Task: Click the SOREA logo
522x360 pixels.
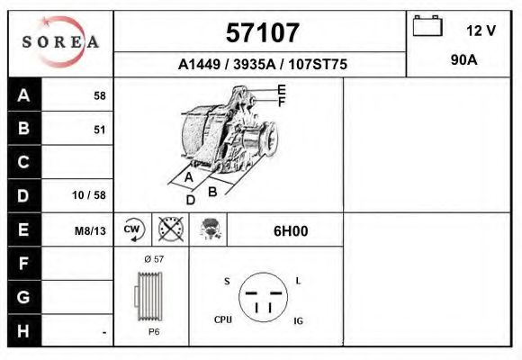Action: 60,41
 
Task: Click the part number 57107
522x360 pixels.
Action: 262,33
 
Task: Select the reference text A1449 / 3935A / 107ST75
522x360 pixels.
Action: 263,65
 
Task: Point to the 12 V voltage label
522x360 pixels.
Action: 481,31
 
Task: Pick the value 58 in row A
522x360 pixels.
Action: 99,96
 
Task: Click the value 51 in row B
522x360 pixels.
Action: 99,130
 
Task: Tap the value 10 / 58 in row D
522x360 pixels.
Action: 89,195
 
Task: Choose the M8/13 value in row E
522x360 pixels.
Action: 90,230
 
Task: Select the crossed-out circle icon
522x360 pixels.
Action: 170,229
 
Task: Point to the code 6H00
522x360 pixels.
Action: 291,230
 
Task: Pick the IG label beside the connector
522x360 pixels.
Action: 299,319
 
